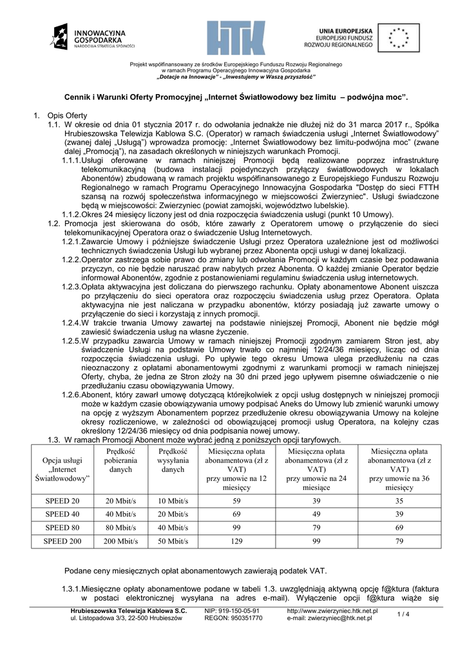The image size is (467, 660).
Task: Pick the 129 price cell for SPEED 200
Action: (236, 541)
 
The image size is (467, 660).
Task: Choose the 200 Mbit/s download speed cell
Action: (122, 541)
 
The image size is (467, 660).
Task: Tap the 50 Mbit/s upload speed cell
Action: (173, 541)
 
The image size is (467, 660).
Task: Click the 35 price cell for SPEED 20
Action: (399, 501)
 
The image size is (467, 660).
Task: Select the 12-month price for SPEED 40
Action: (236, 514)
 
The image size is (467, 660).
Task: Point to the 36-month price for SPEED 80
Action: (399, 528)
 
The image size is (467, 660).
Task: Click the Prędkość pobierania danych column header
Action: (122, 461)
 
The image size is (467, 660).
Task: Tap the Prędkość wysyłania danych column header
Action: (173, 461)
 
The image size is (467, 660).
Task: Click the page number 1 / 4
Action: (404, 614)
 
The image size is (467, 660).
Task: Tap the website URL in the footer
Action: (332, 610)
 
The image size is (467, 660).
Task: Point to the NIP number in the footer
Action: (231, 610)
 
